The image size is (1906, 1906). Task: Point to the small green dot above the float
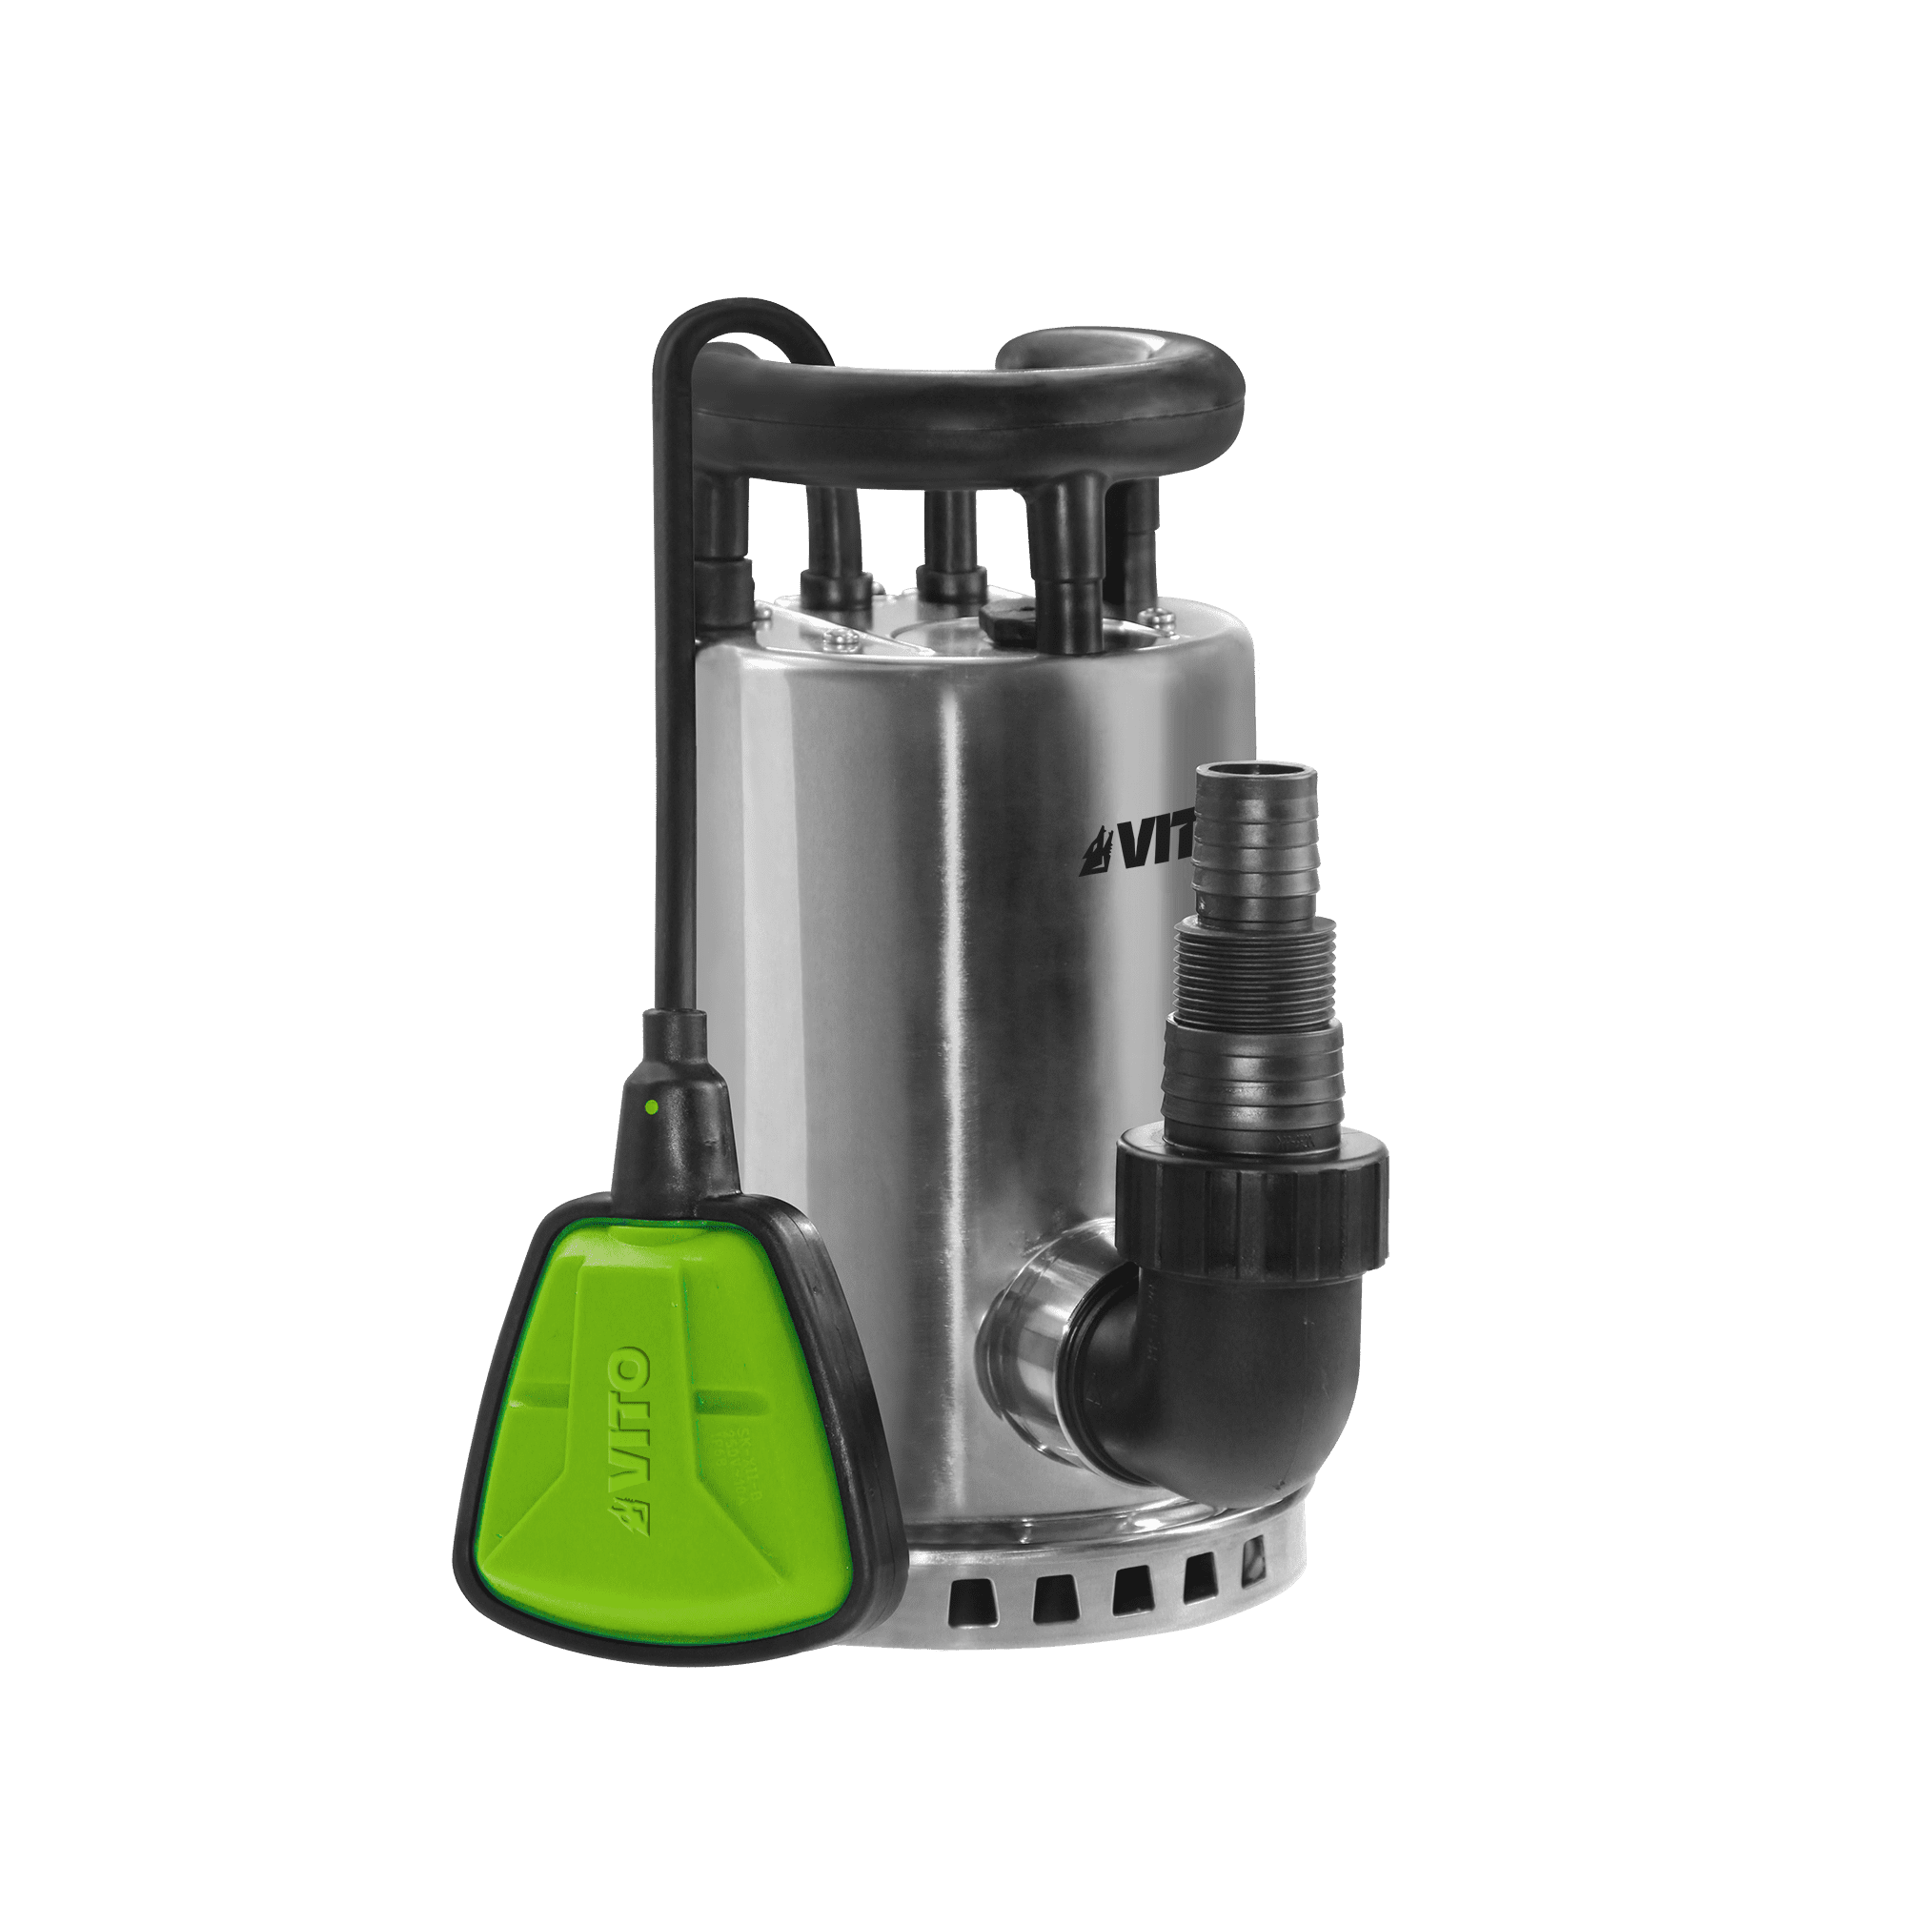(651, 1106)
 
